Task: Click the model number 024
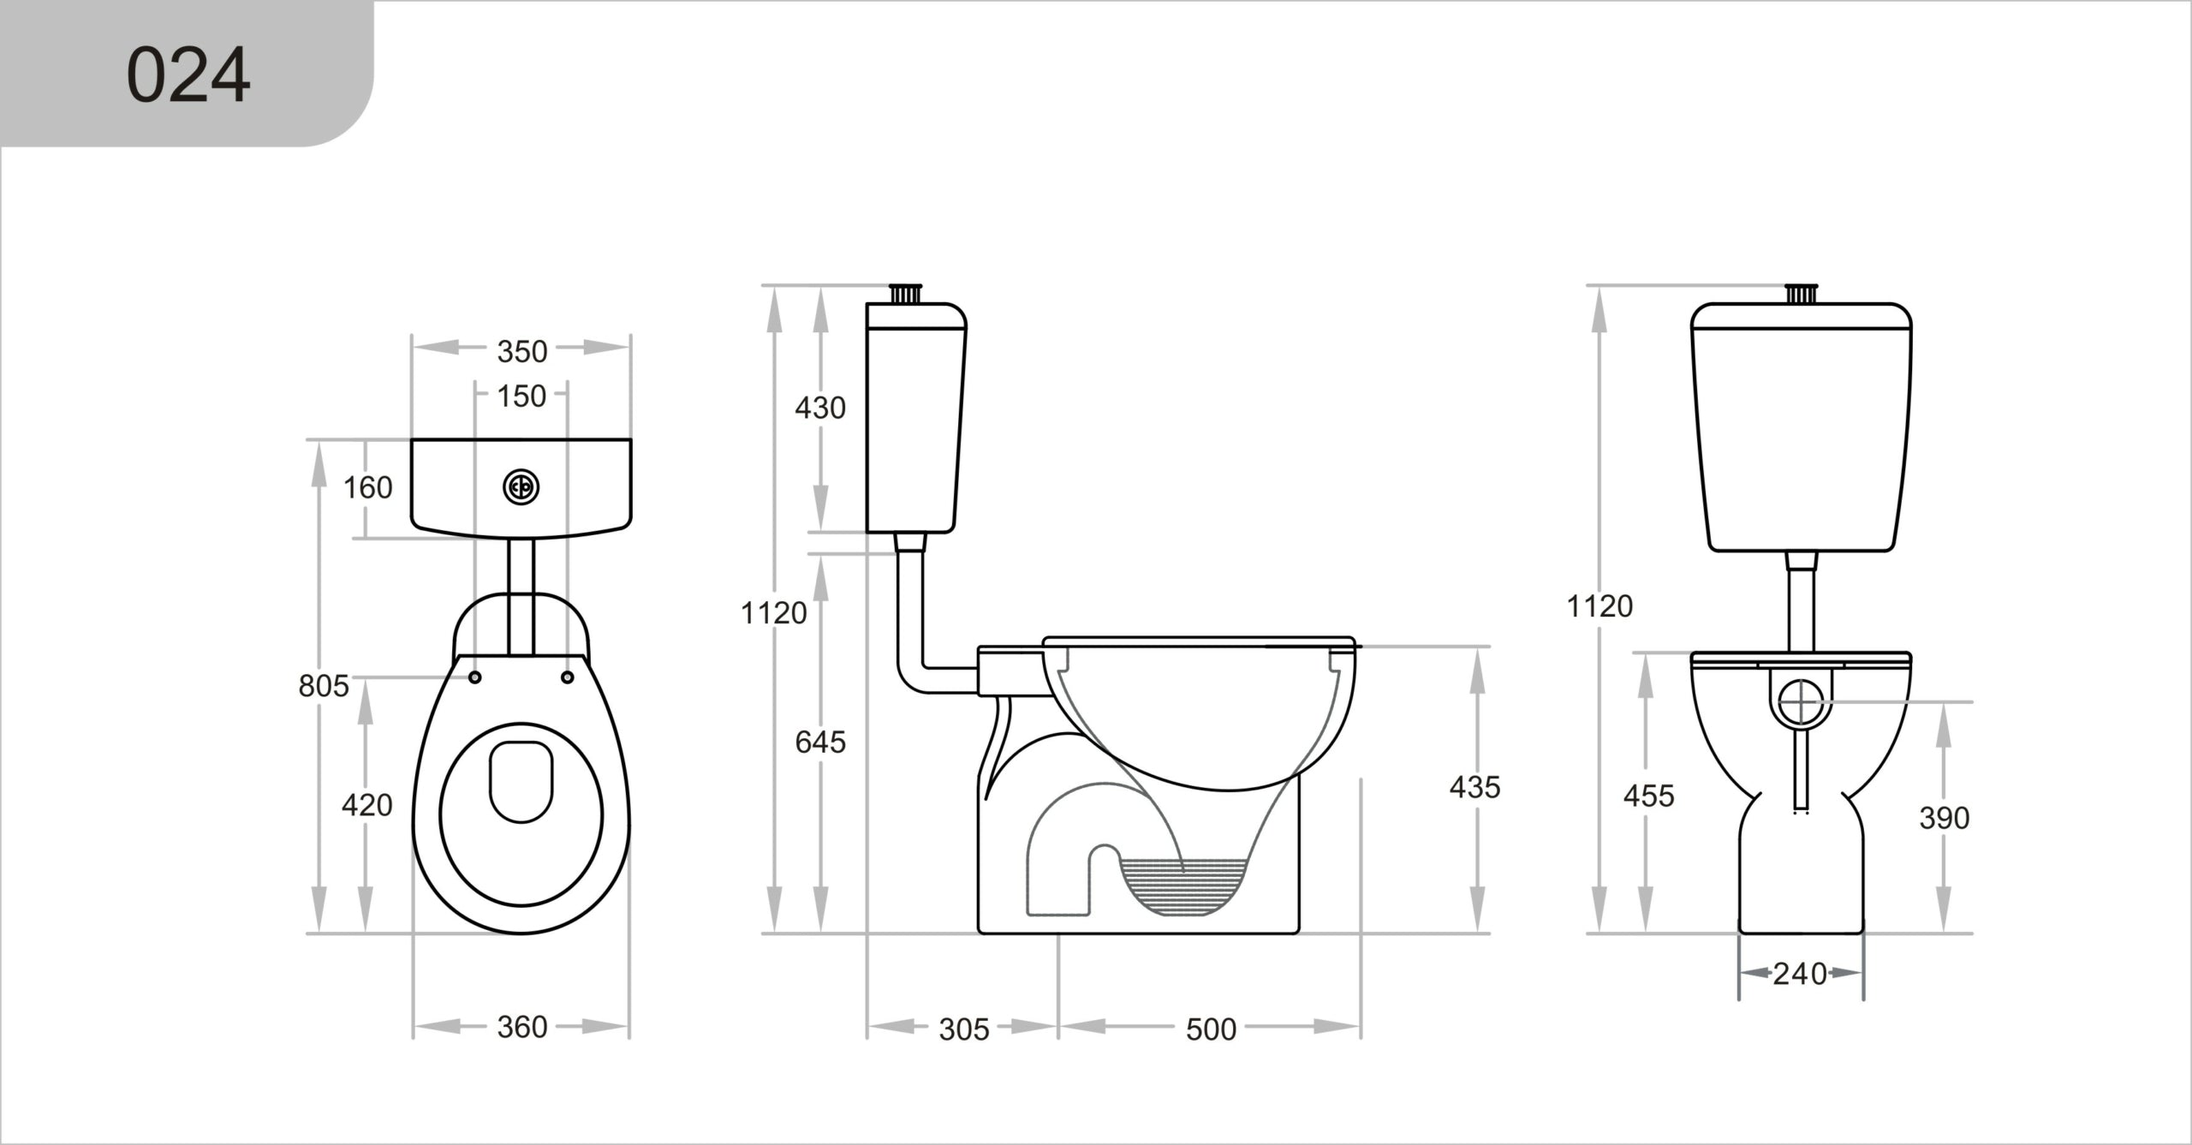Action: (188, 75)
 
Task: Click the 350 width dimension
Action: (522, 351)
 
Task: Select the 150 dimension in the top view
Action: (521, 396)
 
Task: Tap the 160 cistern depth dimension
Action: (367, 487)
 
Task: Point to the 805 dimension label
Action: (324, 686)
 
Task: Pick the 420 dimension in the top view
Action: (366, 805)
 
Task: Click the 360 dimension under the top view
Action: (522, 1027)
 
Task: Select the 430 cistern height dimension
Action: (820, 408)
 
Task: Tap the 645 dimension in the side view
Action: (820, 742)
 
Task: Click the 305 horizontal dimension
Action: (964, 1029)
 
